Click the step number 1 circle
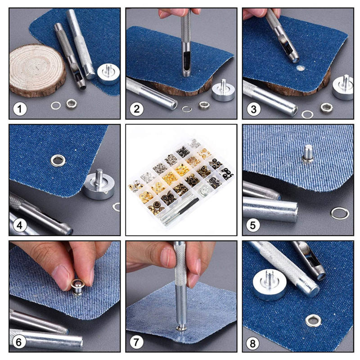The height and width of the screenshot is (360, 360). tap(20, 109)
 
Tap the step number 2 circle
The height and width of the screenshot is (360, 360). tap(137, 109)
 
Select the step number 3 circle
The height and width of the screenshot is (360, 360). tap(253, 109)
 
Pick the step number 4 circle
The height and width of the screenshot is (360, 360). tap(20, 225)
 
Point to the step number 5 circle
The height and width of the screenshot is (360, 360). tap(253, 225)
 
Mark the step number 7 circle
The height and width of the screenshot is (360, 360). tap(136, 342)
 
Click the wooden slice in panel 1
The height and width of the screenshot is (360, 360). tap(37, 71)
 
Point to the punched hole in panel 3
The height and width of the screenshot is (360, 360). tap(300, 68)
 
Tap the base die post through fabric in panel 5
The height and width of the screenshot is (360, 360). tap(308, 153)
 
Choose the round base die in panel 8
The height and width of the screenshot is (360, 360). tap(270, 285)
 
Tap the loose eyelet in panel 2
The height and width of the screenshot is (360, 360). tap(204, 105)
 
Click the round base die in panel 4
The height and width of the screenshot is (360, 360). tap(99, 185)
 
